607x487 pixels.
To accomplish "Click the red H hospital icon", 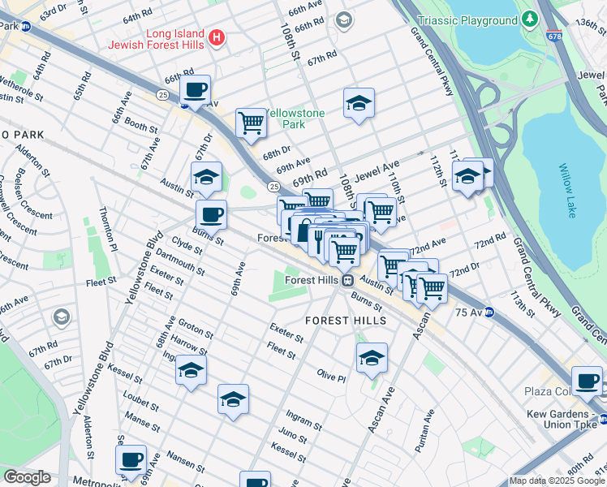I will (216, 37).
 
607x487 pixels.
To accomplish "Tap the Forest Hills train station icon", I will (347, 280).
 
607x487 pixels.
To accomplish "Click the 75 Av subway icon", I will (489, 313).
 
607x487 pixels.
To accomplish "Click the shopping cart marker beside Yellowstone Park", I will (252, 123).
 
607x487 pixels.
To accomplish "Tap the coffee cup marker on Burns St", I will (211, 215).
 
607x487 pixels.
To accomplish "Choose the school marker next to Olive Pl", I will (372, 357).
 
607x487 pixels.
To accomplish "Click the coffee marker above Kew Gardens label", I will (587, 381).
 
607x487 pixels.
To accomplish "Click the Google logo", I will (27, 477).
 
